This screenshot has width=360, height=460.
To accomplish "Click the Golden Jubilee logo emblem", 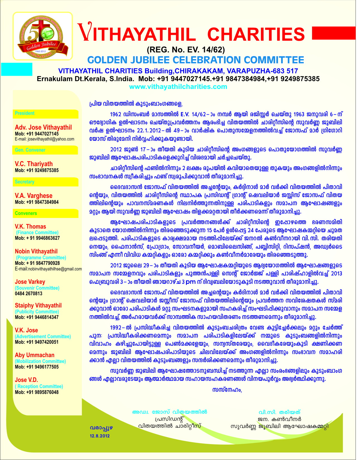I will click(x=42, y=36).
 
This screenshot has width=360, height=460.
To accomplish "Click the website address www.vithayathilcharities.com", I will click(x=178, y=87).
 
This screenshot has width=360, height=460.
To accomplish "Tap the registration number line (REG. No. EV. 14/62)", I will click(x=185, y=50).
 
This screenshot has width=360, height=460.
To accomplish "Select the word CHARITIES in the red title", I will click(x=256, y=34).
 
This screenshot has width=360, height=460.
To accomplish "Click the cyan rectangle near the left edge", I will click(x=17, y=69).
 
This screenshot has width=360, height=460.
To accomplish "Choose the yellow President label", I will click(x=25, y=113).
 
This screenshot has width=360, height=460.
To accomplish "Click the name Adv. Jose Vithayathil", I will click(x=43, y=127).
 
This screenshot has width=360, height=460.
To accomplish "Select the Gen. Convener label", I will click(x=30, y=150).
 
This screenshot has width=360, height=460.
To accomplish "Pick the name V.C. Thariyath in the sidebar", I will click(x=34, y=164).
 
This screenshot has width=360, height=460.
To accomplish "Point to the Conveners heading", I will click(x=26, y=213).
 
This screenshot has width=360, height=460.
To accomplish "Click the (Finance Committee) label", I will click(x=37, y=233).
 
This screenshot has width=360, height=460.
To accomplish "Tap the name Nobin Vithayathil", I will click(x=36, y=251).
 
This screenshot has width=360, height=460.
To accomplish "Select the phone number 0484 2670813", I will click(x=28, y=293).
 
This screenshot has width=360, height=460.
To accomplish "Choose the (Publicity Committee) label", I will click(x=37, y=311).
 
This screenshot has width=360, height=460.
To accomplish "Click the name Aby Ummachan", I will click(x=35, y=355).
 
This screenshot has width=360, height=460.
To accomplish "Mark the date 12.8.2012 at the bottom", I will click(x=100, y=436).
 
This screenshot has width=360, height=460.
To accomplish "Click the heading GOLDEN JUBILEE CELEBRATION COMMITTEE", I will click(x=195, y=60).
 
